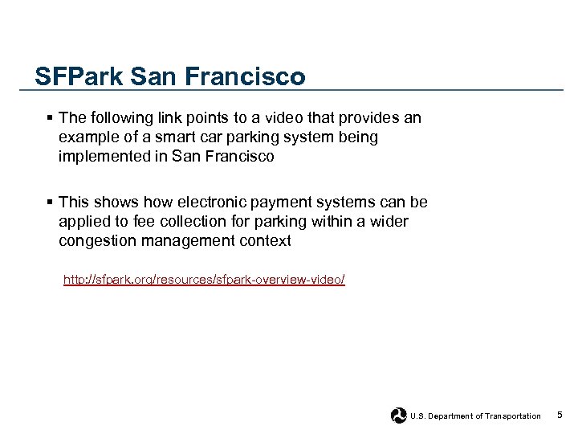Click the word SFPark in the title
coord(77,77)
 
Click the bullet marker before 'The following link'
coord(50,118)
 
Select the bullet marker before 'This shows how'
coord(50,202)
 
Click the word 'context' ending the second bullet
coord(264,240)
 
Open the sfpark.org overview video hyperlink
coord(204,279)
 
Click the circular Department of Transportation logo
coord(399,416)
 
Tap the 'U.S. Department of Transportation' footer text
coord(475,416)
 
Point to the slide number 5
coord(560,416)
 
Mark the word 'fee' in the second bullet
coord(137,221)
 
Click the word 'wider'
coord(389,221)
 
